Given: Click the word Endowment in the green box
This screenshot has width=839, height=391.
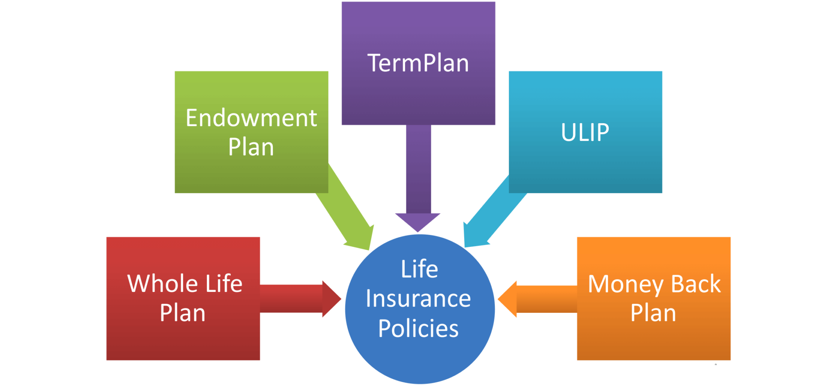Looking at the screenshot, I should coord(251,118).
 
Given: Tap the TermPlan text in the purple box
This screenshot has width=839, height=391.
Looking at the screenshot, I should coord(418,63).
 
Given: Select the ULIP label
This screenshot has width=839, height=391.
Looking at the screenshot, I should coord(585,132).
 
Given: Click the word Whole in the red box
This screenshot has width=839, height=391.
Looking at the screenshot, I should coord(163,283).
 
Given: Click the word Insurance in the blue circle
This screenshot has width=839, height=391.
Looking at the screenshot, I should coord(418,298).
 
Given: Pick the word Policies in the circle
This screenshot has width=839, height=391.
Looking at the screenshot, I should coord(418,328).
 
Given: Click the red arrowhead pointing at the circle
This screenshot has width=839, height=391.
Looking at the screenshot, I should coord(331,299).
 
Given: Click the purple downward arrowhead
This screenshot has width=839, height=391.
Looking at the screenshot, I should coord(417,221).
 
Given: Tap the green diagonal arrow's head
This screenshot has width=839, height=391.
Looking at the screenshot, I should coord(361,237).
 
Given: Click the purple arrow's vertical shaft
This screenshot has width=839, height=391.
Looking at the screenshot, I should coord(419,168).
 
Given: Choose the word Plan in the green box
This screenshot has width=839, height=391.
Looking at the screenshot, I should coord(251,147).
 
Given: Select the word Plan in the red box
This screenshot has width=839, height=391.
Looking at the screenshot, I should coord(182,313).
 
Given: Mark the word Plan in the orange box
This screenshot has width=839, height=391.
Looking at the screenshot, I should coord(653,313).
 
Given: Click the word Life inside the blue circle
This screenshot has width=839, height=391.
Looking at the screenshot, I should coord(419,269).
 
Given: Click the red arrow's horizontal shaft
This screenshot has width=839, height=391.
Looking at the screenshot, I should coord(291,299).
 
